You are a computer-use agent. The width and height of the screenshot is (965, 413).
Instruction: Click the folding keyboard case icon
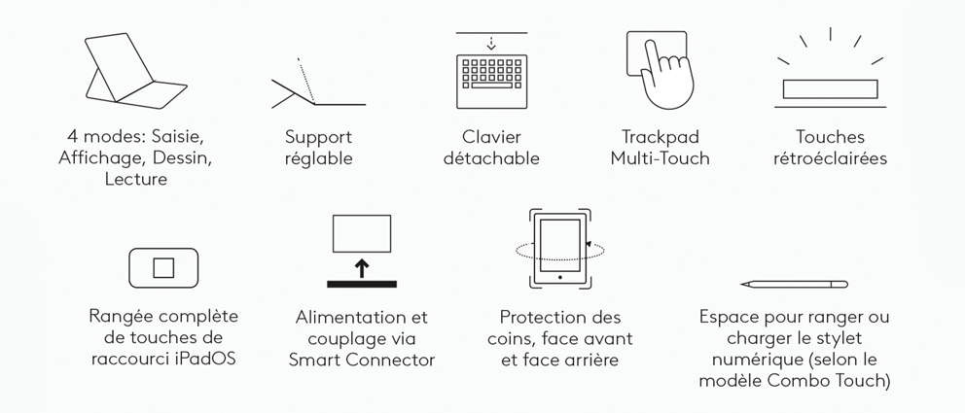[133, 86]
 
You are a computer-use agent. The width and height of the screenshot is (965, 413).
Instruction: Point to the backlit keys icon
[830, 89]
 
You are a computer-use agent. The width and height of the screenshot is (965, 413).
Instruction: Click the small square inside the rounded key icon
[163, 268]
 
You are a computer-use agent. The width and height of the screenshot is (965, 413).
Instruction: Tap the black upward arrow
[362, 268]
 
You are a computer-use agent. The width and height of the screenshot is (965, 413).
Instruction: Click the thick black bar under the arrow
[362, 284]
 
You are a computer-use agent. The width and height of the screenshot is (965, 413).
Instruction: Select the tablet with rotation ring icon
[560, 249]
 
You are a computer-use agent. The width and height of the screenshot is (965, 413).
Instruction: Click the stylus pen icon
[795, 284]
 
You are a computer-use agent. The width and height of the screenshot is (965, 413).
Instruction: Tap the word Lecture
[136, 180]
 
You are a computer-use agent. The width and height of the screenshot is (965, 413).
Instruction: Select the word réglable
[319, 159]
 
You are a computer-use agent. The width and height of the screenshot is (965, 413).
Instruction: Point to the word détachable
[491, 158]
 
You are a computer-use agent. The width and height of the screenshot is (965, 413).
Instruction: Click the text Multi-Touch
[660, 158]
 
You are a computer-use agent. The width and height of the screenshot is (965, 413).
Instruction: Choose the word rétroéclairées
[830, 158]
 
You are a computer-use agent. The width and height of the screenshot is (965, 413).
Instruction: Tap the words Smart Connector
[362, 360]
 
